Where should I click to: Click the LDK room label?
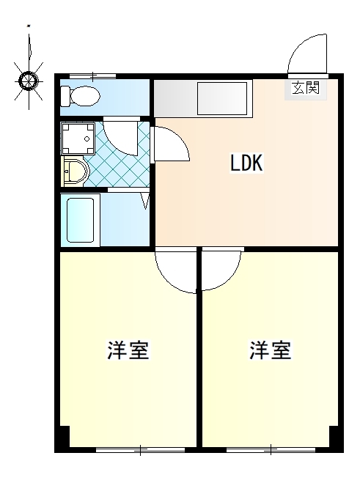click(246, 163)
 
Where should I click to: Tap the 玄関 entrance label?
click(306, 88)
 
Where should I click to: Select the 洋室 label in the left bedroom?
click(128, 350)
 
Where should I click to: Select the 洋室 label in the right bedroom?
click(271, 350)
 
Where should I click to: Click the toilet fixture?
click(80, 96)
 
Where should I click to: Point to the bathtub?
click(81, 220)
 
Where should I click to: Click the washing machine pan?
click(78, 139)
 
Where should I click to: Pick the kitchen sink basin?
click(222, 97)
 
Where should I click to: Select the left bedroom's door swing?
click(176, 271)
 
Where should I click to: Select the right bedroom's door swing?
click(221, 270)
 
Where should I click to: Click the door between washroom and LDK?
click(172, 144)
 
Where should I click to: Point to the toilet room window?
click(92, 75)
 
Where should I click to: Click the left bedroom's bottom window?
click(140, 450)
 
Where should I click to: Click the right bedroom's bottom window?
click(271, 450)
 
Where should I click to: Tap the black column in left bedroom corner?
click(64, 436)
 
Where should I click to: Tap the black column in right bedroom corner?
click(334, 436)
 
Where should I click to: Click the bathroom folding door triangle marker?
click(145, 201)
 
